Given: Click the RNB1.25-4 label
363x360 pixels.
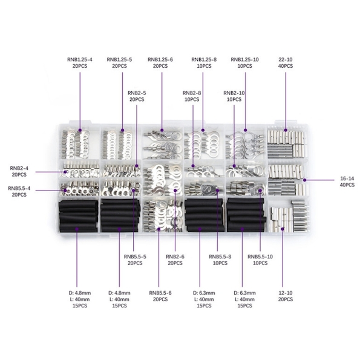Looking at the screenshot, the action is coord(80,59).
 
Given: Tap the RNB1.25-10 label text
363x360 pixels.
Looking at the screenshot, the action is coord(244,59).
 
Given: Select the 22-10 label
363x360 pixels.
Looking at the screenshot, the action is coord(286,59).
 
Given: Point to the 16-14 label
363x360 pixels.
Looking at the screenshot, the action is coord(347,178).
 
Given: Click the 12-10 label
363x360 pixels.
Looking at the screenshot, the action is coord(286,293).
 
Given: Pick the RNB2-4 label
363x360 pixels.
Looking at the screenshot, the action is coord(19,168).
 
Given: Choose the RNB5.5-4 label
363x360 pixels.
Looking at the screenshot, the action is coord(19,188).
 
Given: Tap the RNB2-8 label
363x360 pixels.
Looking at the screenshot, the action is coord(192,93).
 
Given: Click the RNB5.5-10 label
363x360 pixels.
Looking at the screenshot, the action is coord(260,257).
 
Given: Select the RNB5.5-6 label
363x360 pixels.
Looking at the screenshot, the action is coord(160,293).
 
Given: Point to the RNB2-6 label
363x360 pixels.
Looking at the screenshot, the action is coord(175,257).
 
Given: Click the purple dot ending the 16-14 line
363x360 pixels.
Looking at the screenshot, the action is coord(305,180).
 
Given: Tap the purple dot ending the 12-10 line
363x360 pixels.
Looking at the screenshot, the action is coord(283,229).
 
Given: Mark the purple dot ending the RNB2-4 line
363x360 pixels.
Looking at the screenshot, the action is coord(65,172).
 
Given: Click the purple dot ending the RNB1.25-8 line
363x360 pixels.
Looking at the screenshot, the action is coord(203,130).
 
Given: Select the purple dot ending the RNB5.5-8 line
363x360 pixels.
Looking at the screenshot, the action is coord(217,191).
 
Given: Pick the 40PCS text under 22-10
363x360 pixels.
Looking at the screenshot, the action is coord(286,66).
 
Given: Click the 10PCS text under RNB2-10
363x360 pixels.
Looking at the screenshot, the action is coord(234,100).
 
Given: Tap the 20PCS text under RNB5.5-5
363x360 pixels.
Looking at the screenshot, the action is coord(135,263).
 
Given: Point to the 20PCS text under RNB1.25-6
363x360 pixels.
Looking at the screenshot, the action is coord(160,66).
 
